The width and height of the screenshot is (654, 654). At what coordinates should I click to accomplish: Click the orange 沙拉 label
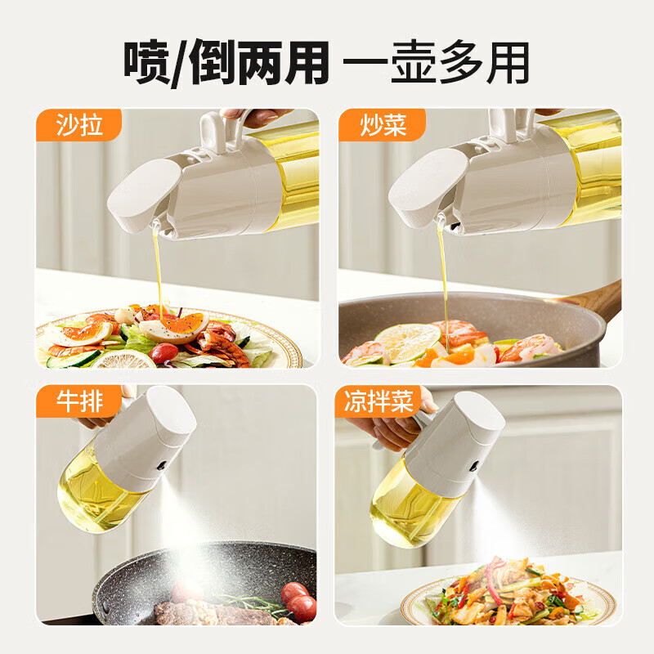(x=78, y=125)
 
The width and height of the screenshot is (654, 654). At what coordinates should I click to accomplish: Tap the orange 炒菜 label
(x=382, y=125)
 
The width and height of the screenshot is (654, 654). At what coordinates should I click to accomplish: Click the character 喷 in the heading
(x=147, y=60)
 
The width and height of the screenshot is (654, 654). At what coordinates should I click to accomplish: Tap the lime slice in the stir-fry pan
(x=406, y=342)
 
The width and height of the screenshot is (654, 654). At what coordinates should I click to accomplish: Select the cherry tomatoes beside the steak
(x=299, y=602)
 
